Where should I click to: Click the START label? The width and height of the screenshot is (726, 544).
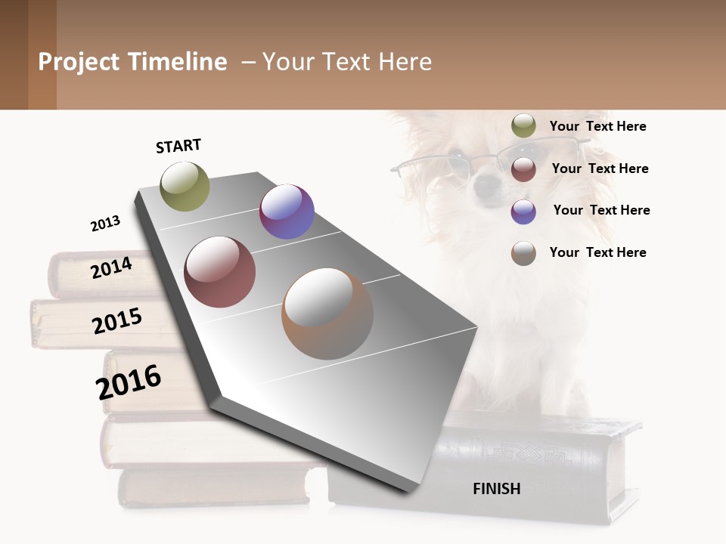pyautogui.click(x=178, y=146)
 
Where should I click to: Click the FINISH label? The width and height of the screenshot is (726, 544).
pyautogui.click(x=496, y=489)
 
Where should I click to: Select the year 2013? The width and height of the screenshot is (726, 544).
pyautogui.click(x=105, y=224)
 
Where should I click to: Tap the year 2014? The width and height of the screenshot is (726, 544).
pyautogui.click(x=111, y=267)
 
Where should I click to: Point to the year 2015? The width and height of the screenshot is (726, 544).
pyautogui.click(x=117, y=320)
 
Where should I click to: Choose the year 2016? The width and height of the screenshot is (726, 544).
pyautogui.click(x=129, y=382)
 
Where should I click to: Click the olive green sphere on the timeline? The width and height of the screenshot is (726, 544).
pyautogui.click(x=185, y=186)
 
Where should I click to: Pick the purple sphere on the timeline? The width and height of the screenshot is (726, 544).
pyautogui.click(x=287, y=212)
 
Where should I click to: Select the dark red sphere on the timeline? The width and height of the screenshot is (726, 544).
pyautogui.click(x=220, y=272)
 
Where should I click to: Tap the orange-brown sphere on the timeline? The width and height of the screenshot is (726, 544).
pyautogui.click(x=327, y=313)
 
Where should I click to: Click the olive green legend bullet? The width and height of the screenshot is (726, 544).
pyautogui.click(x=523, y=126)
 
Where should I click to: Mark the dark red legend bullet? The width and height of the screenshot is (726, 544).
pyautogui.click(x=523, y=169)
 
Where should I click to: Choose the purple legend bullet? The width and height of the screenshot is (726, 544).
pyautogui.click(x=523, y=211)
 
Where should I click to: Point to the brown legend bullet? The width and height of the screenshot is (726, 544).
pyautogui.click(x=523, y=253)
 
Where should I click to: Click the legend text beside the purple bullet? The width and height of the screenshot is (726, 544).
pyautogui.click(x=601, y=210)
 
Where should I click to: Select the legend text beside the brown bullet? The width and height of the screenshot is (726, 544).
pyautogui.click(x=597, y=252)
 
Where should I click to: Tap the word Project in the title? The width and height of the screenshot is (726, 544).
pyautogui.click(x=79, y=62)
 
